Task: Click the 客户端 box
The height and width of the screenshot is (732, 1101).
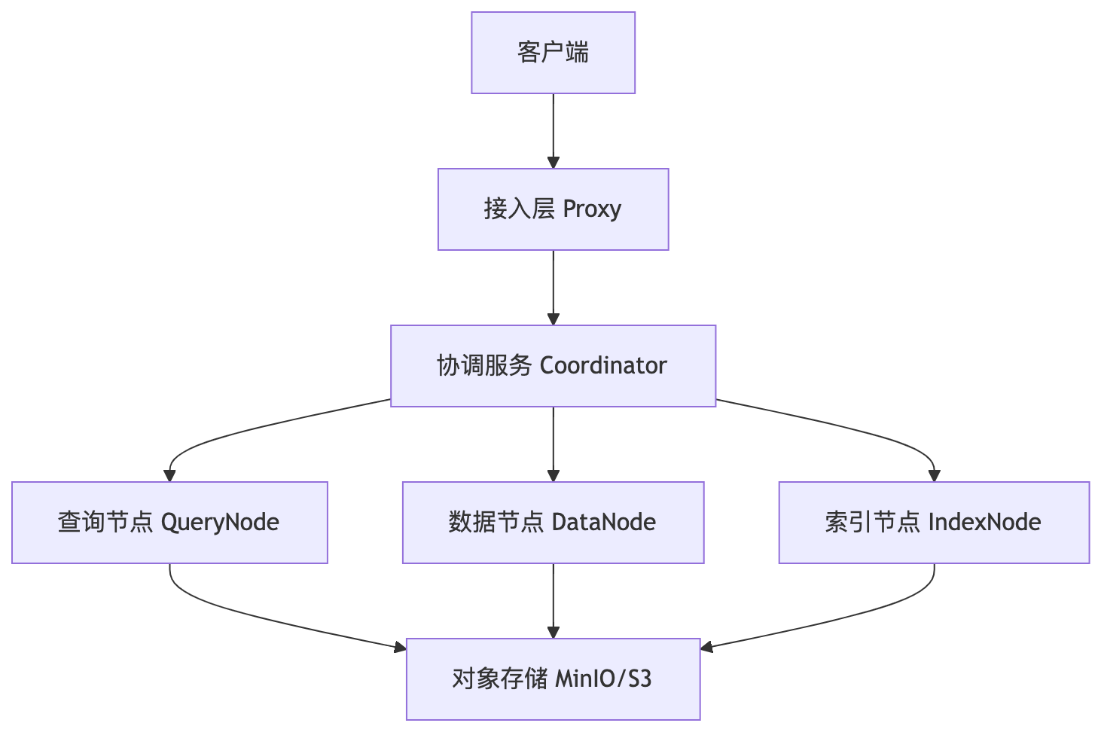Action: click(x=553, y=53)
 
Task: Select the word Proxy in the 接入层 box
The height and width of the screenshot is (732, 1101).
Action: click(x=592, y=209)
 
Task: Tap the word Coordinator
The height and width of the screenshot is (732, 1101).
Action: click(x=603, y=366)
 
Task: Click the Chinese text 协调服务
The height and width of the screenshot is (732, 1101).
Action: click(x=484, y=366)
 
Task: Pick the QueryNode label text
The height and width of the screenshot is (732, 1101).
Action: click(x=220, y=522)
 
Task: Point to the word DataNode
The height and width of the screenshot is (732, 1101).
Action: click(x=603, y=522)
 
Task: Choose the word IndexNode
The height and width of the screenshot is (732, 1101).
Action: click(x=984, y=522)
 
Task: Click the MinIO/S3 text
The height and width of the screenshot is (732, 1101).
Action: click(x=603, y=679)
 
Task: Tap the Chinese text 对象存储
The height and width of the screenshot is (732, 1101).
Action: click(x=499, y=679)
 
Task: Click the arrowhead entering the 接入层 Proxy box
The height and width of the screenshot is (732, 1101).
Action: click(x=554, y=162)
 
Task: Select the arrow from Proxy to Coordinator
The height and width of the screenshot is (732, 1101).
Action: click(x=554, y=286)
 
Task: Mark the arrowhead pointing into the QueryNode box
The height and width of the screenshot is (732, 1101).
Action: click(x=170, y=475)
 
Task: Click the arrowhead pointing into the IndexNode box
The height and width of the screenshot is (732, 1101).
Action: click(x=934, y=475)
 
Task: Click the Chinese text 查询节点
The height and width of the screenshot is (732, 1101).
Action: click(x=105, y=522)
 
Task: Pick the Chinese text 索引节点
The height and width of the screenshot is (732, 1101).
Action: click(x=872, y=522)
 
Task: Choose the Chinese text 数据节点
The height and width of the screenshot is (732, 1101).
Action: click(x=496, y=522)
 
